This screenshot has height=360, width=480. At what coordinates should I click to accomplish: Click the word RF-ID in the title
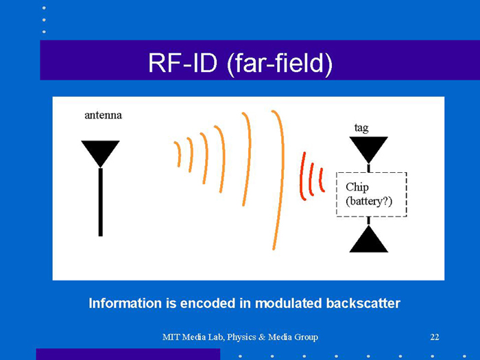(x=179, y=63)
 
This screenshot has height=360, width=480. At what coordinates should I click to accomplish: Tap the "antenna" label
(x=103, y=115)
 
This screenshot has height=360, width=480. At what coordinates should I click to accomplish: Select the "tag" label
(x=361, y=128)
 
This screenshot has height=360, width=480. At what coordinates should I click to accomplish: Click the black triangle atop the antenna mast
(x=100, y=152)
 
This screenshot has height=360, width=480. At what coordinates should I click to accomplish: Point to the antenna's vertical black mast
(x=100, y=202)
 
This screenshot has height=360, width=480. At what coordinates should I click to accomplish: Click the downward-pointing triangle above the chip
(x=368, y=147)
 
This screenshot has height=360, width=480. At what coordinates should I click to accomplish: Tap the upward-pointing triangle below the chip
(x=368, y=241)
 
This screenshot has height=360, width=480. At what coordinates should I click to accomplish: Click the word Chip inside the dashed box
(x=357, y=187)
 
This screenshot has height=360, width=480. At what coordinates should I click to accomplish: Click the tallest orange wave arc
(x=277, y=180)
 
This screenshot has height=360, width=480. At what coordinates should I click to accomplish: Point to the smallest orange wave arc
(x=178, y=154)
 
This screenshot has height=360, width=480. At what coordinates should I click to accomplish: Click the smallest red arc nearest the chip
(x=321, y=180)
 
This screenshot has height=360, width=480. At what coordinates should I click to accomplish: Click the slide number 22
(x=434, y=337)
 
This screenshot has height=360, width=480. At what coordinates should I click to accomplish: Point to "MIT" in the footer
(x=171, y=337)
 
